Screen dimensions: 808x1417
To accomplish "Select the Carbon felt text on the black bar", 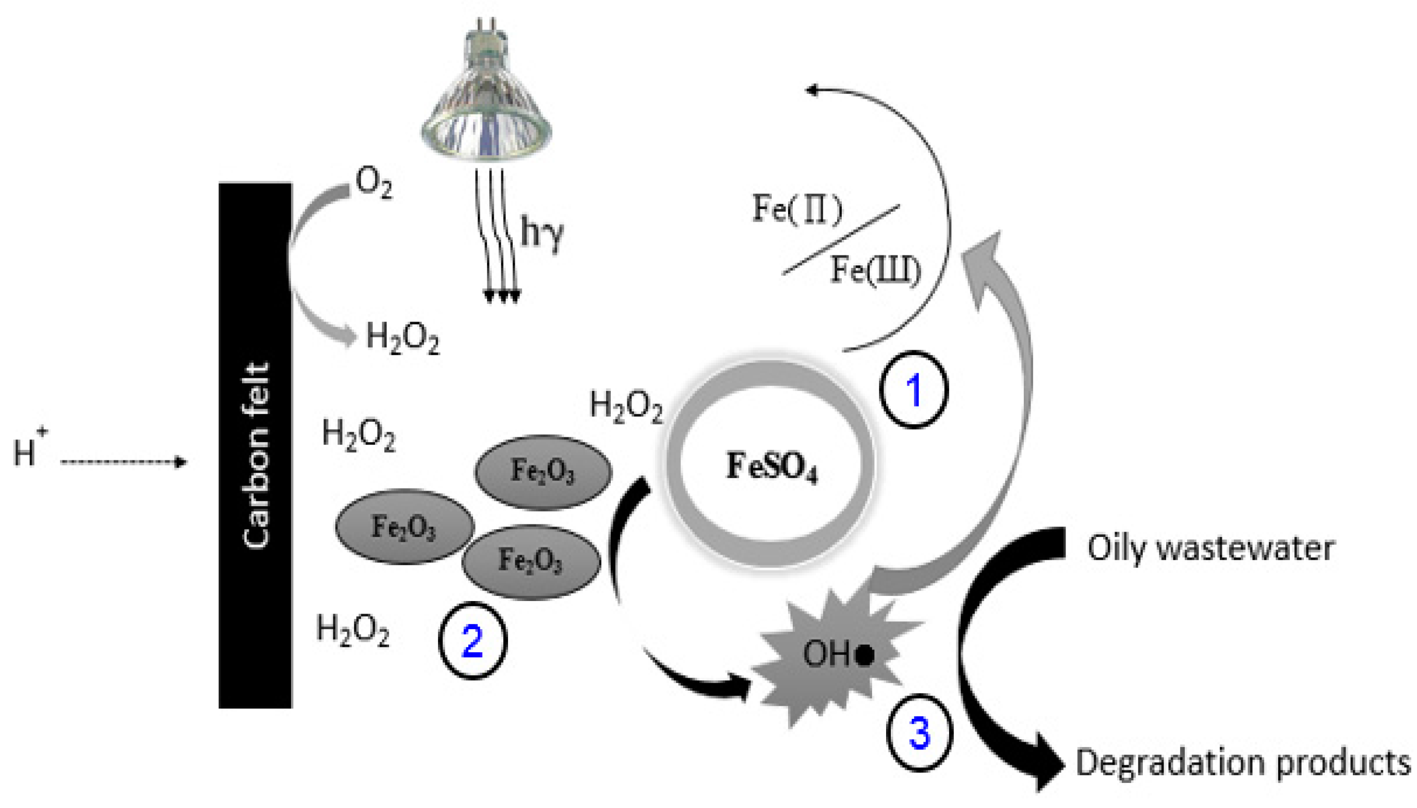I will (x=257, y=455).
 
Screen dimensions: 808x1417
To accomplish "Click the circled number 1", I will (x=914, y=389).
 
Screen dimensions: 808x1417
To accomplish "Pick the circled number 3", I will (x=918, y=732).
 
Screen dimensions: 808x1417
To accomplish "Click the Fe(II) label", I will (x=796, y=210).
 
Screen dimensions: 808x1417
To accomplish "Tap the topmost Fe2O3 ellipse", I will (x=543, y=472).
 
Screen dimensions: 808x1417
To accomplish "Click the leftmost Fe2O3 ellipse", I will (x=404, y=526).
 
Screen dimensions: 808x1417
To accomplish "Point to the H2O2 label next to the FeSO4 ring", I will (x=625, y=406).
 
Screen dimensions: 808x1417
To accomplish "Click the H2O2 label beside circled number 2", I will (x=353, y=631).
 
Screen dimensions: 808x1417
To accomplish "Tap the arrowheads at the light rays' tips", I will (x=502, y=296).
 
